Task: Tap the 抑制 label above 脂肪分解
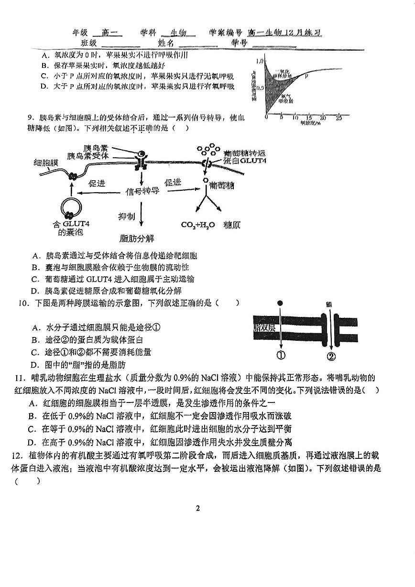[127, 217]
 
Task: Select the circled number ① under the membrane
[281, 355]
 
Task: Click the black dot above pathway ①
[280, 303]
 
